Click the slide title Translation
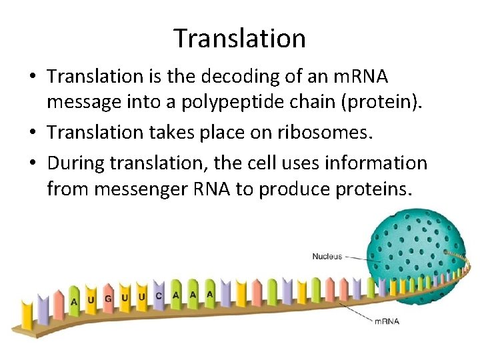point(239,39)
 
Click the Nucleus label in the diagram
point(327,256)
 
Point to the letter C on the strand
point(159,296)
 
